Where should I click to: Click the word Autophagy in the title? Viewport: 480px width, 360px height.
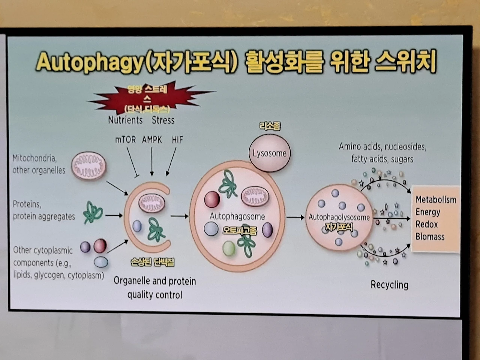[x=90, y=62]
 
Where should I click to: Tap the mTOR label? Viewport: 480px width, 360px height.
[x=125, y=140]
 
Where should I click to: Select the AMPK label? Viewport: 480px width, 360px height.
[x=152, y=140]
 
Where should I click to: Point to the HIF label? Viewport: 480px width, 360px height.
[x=177, y=140]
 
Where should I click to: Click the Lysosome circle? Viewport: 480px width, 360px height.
[x=269, y=153]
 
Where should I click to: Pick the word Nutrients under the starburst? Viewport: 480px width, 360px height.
[x=125, y=120]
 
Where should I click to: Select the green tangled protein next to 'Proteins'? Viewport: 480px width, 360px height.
[x=93, y=213]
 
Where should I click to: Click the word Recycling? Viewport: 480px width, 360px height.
[x=389, y=285]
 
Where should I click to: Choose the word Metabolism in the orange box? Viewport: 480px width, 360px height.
[x=436, y=199]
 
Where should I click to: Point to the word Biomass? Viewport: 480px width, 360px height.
[x=430, y=237]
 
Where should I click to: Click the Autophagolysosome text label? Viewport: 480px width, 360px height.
[x=339, y=217]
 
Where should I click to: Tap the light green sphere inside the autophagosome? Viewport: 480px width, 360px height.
[x=229, y=248]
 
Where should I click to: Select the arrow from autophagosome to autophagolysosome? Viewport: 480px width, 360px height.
[x=295, y=217]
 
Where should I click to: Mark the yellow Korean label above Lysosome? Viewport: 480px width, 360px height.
[x=270, y=126]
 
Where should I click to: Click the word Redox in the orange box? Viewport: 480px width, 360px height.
[x=427, y=224]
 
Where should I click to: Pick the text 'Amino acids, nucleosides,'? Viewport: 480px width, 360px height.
[x=382, y=147]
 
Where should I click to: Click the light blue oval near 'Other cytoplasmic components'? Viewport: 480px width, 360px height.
[x=101, y=262]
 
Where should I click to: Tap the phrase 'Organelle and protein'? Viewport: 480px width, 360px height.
[x=154, y=281]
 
